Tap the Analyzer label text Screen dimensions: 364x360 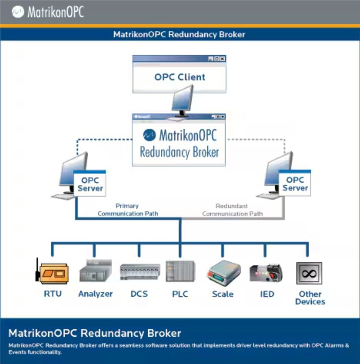(x=95, y=294)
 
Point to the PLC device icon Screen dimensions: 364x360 (x=181, y=272)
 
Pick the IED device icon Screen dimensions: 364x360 (x=266, y=273)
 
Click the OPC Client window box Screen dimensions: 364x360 (x=179, y=78)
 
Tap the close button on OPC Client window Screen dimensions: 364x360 (x=223, y=59)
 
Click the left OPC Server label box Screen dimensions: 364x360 (x=90, y=184)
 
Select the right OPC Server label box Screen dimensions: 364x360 (x=295, y=184)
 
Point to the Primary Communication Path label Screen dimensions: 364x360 (x=128, y=209)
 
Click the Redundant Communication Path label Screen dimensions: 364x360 (x=232, y=209)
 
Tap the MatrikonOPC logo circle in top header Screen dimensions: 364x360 (x=19, y=11)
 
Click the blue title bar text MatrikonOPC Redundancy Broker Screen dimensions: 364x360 (x=179, y=35)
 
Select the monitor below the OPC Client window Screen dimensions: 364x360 (x=182, y=100)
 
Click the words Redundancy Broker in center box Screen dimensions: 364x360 (x=179, y=152)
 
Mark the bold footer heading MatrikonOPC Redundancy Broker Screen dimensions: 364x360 (x=95, y=333)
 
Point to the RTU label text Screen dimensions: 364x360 (x=53, y=294)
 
